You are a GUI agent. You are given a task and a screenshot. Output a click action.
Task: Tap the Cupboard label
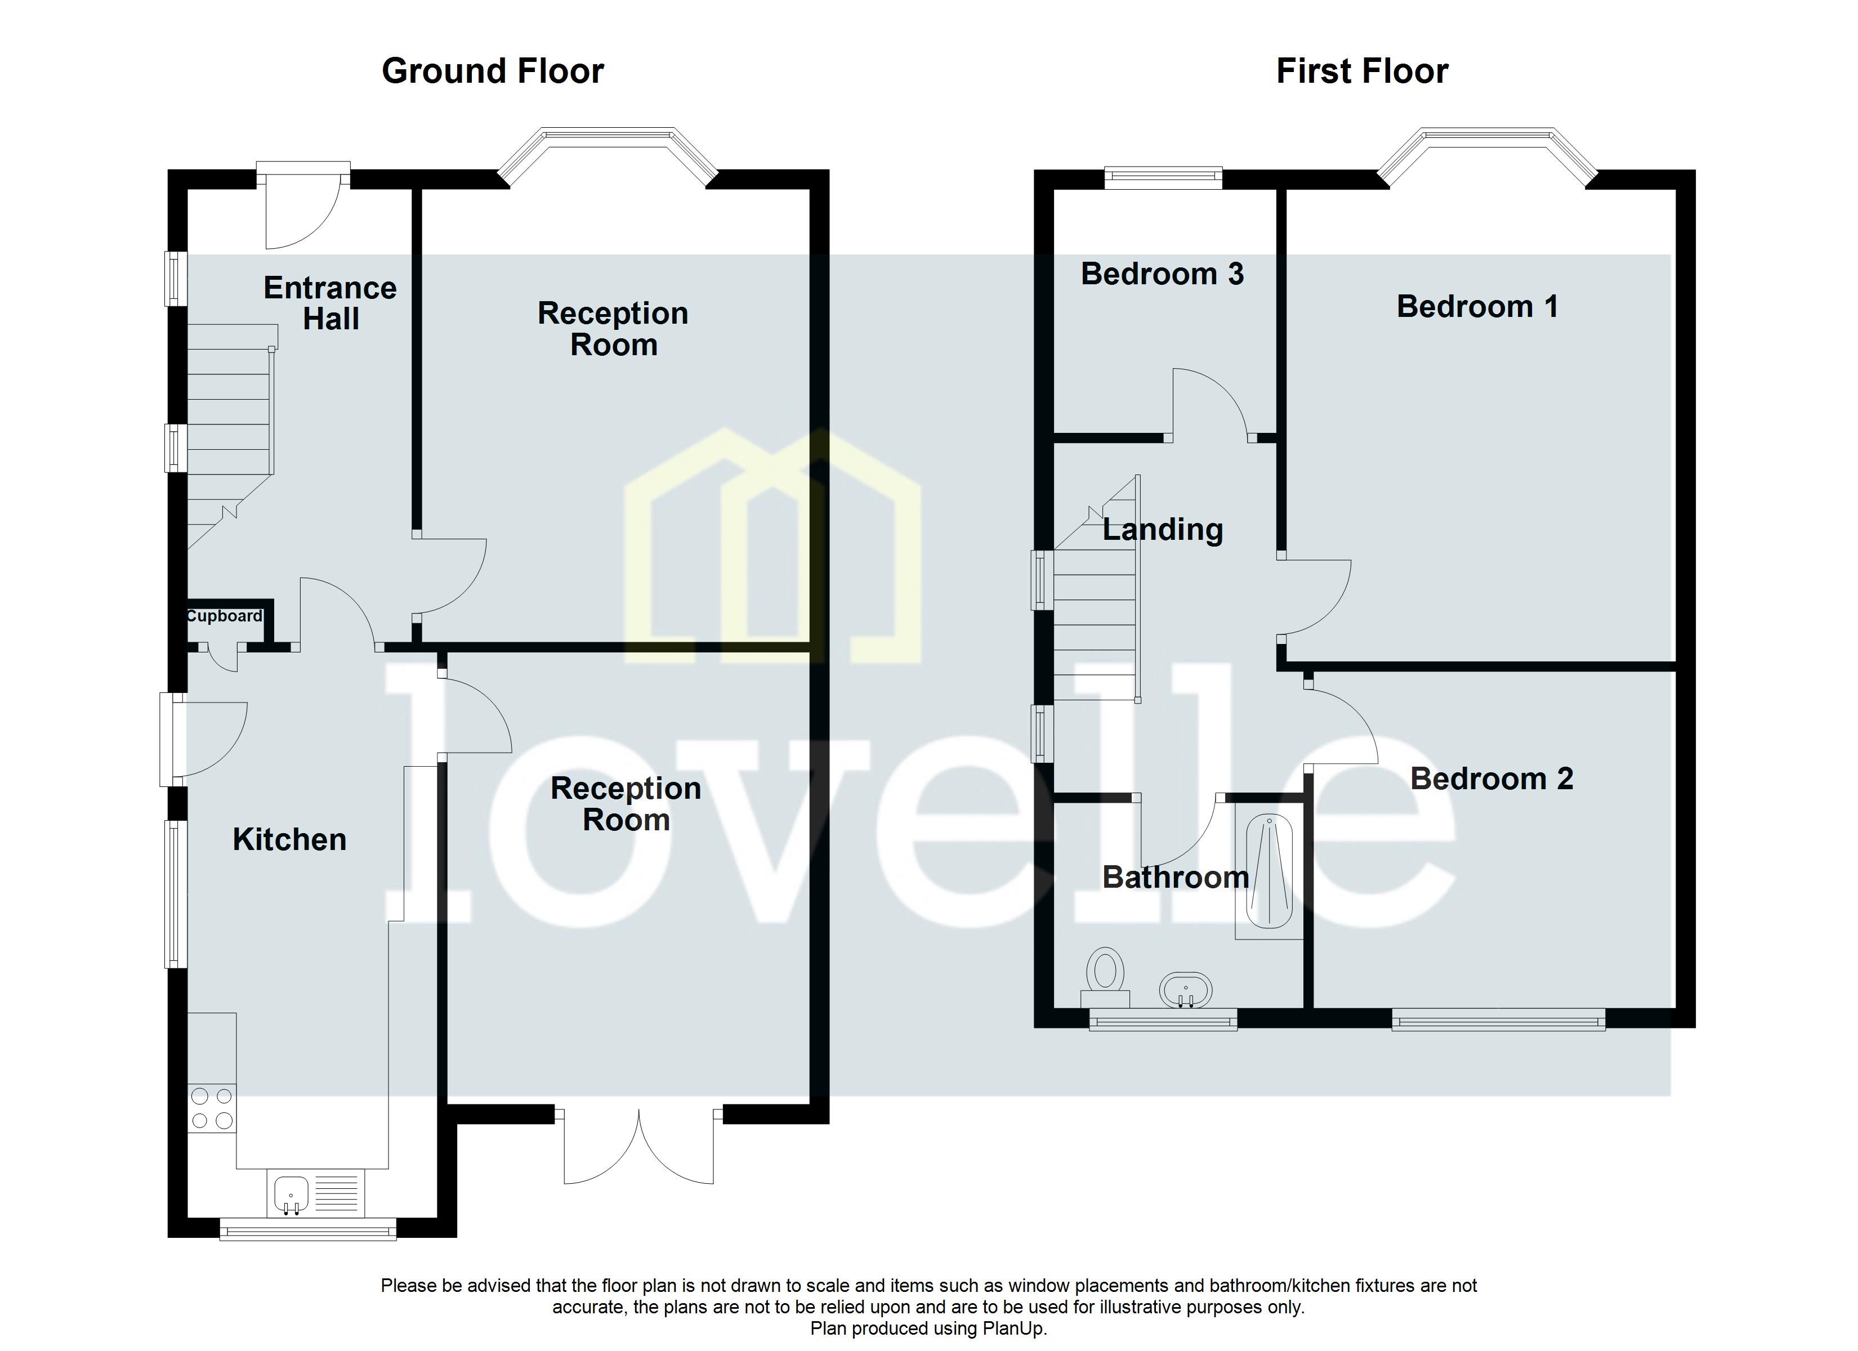coord(225,616)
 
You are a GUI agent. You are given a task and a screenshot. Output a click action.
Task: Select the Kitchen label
coord(289,840)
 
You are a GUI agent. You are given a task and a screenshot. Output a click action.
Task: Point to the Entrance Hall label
coord(330,303)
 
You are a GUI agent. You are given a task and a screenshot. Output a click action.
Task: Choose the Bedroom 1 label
coord(1477,306)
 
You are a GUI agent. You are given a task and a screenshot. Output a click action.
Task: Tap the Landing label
coord(1163,530)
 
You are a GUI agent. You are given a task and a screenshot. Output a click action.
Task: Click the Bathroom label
coord(1176,878)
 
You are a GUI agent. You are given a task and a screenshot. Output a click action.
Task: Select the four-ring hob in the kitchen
coord(212,1108)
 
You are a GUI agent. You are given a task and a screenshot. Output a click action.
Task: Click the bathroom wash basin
coord(1185,991)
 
